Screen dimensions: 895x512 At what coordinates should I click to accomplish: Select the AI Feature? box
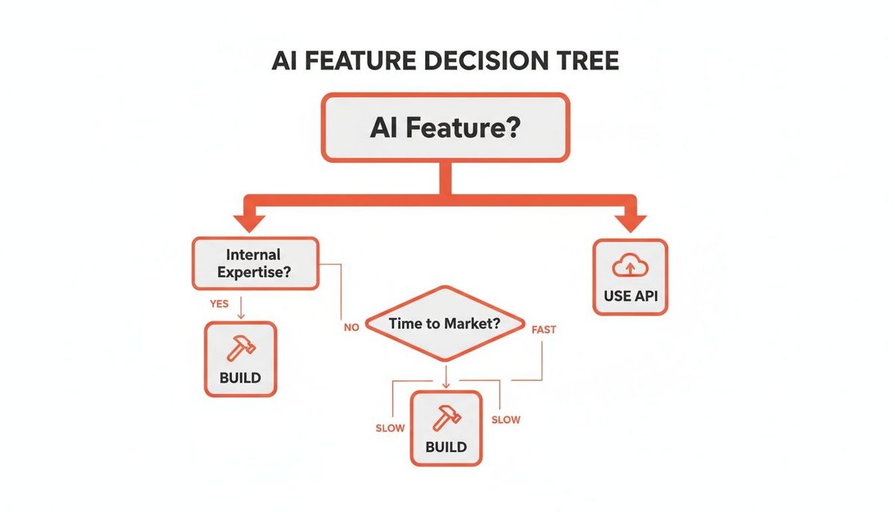445,128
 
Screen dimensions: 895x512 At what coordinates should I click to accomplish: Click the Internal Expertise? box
256,263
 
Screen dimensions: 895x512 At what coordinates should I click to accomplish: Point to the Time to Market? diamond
445,324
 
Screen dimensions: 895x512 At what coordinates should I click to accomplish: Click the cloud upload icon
630,266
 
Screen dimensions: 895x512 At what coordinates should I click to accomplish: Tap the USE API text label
630,296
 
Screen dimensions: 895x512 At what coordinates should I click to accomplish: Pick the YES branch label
219,304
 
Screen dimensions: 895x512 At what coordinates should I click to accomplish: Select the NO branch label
351,328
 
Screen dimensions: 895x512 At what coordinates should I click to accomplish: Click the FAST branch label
544,330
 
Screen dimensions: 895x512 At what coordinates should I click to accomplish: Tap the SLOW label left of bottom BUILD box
390,428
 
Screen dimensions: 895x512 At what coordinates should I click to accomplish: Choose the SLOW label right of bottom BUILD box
506,419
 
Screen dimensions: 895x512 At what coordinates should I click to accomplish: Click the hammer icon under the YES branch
241,348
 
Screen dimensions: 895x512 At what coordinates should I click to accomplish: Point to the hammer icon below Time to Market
447,418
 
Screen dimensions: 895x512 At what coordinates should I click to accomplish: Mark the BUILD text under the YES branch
240,378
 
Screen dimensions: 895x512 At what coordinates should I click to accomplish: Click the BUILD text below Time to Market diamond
446,447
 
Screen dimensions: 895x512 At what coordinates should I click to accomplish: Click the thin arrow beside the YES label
241,307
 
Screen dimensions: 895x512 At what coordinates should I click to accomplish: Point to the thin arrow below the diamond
446,377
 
